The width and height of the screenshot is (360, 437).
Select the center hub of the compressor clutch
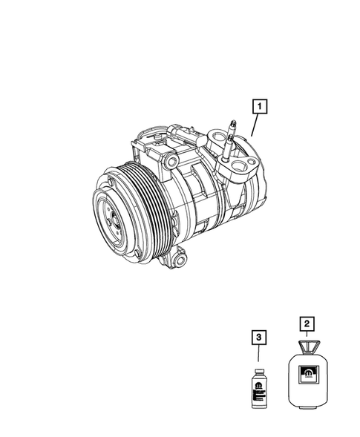tap(113, 219)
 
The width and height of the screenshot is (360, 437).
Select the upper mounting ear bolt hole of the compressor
tap(171, 161)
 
